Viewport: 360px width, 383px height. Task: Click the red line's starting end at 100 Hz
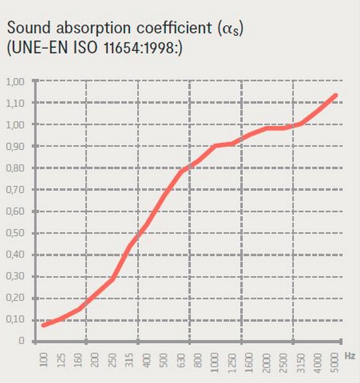point(44,325)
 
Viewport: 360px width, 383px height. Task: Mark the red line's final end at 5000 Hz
point(336,95)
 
